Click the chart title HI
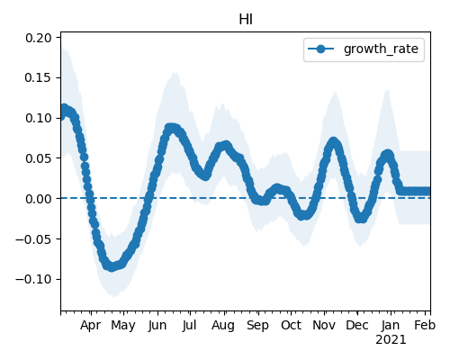[246, 20]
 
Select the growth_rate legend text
[381, 49]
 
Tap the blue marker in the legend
[320, 49]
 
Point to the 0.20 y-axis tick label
[39, 38]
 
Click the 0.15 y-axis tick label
[39, 77]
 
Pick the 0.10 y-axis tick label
[39, 118]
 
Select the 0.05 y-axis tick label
[39, 158]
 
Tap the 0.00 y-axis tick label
[39, 199]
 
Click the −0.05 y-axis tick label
[33, 239]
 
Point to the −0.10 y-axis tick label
[33, 279]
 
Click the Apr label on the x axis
[91, 326]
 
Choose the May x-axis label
[123, 326]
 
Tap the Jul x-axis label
[190, 325]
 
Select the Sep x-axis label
[257, 326]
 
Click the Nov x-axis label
[324, 325]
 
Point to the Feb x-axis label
[425, 325]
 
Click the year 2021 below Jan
[391, 340]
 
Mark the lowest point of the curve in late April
[112, 266]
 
